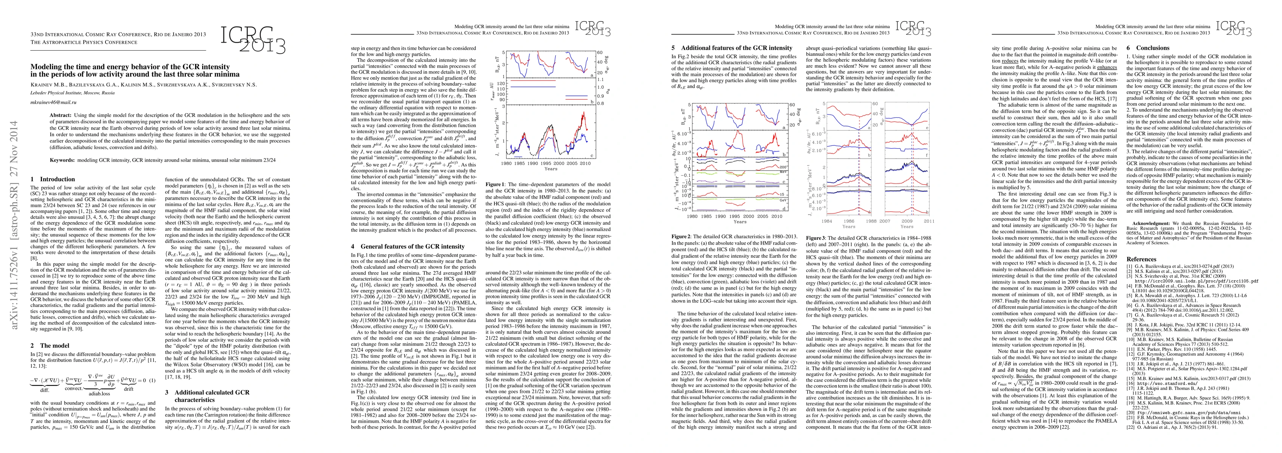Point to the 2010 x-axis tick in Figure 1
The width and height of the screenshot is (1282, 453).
(585, 163)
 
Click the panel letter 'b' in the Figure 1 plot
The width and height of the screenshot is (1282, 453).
(590, 102)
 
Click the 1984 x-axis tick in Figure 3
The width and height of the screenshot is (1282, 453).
(827, 220)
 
